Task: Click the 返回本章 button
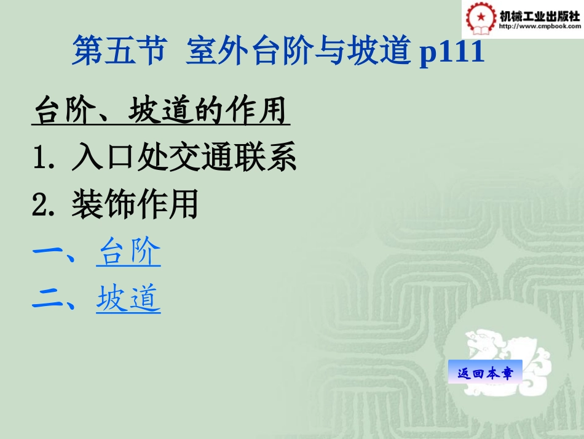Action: (484, 372)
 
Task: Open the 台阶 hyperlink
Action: (128, 252)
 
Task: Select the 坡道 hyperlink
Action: (128, 299)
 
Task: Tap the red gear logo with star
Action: (479, 18)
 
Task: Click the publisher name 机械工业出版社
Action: (539, 16)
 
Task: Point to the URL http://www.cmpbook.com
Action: (539, 26)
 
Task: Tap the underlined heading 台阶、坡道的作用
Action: (160, 111)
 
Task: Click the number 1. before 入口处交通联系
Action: (45, 158)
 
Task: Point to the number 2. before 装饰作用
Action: (45, 205)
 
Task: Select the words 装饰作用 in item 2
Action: (135, 205)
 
